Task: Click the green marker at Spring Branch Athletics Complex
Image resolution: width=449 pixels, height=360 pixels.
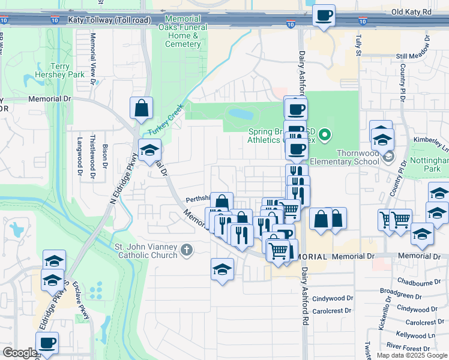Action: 325,135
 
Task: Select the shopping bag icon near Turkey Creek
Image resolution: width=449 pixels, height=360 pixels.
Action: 141,109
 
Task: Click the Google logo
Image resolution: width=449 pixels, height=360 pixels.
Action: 20,353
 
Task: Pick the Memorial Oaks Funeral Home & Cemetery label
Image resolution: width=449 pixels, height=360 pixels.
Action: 183,31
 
